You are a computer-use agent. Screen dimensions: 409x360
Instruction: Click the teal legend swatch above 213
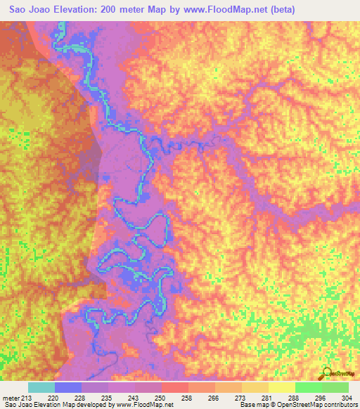(41, 387)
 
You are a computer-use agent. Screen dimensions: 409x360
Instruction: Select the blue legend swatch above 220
(68, 387)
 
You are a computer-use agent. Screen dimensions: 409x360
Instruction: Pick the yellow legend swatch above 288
(282, 387)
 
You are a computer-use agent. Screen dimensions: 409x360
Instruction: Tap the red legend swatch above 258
(175, 387)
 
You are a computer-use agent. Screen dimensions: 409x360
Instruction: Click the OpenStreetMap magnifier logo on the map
(326, 372)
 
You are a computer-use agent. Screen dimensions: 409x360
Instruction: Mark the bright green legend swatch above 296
(309, 387)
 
